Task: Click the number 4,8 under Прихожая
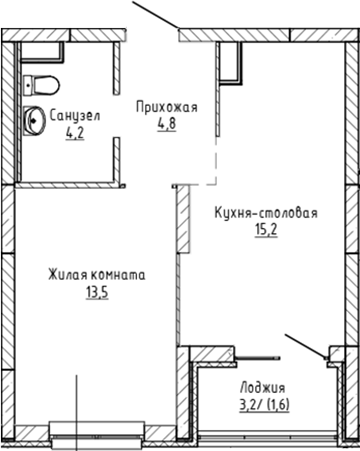[166, 125]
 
